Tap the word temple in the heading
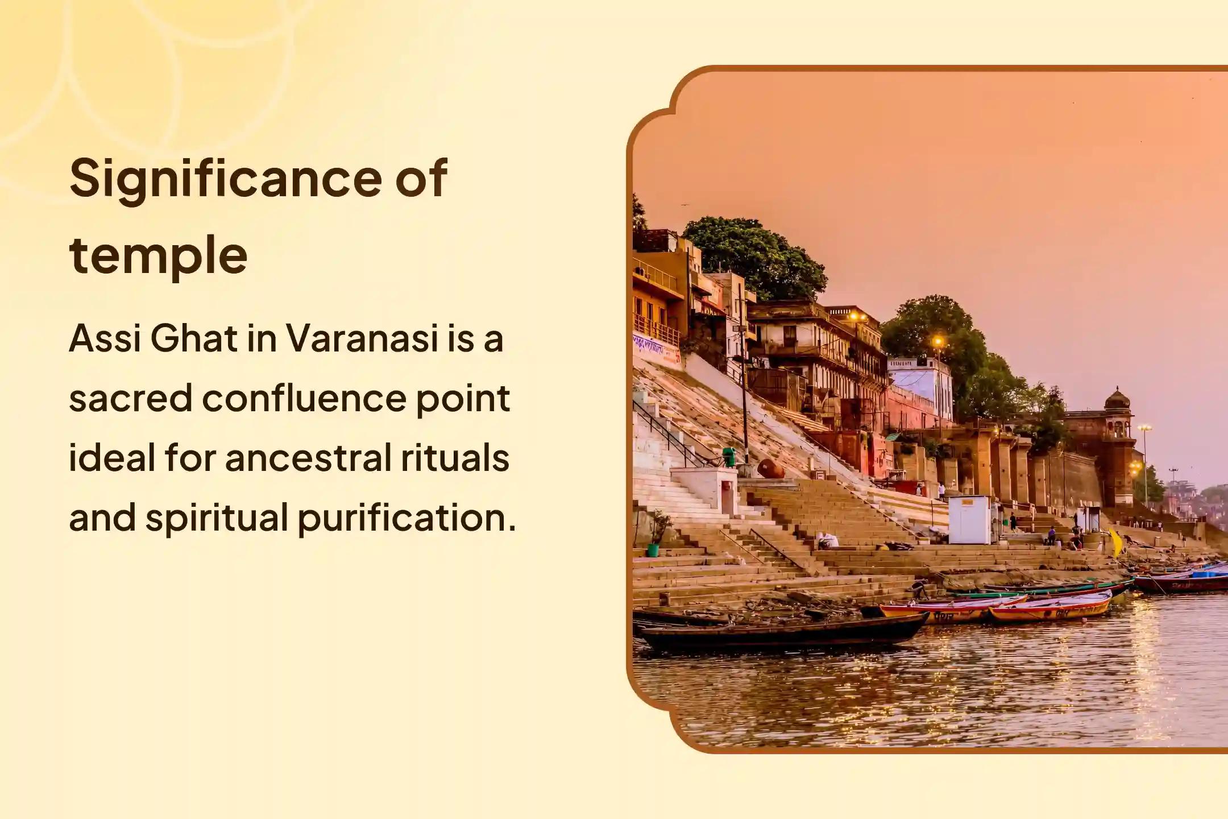[159, 255]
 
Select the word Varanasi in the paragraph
[361, 340]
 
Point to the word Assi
[105, 340]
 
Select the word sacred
[131, 399]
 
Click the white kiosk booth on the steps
[969, 519]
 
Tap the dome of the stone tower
[1117, 399]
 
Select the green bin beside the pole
[729, 456]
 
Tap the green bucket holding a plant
[653, 550]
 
